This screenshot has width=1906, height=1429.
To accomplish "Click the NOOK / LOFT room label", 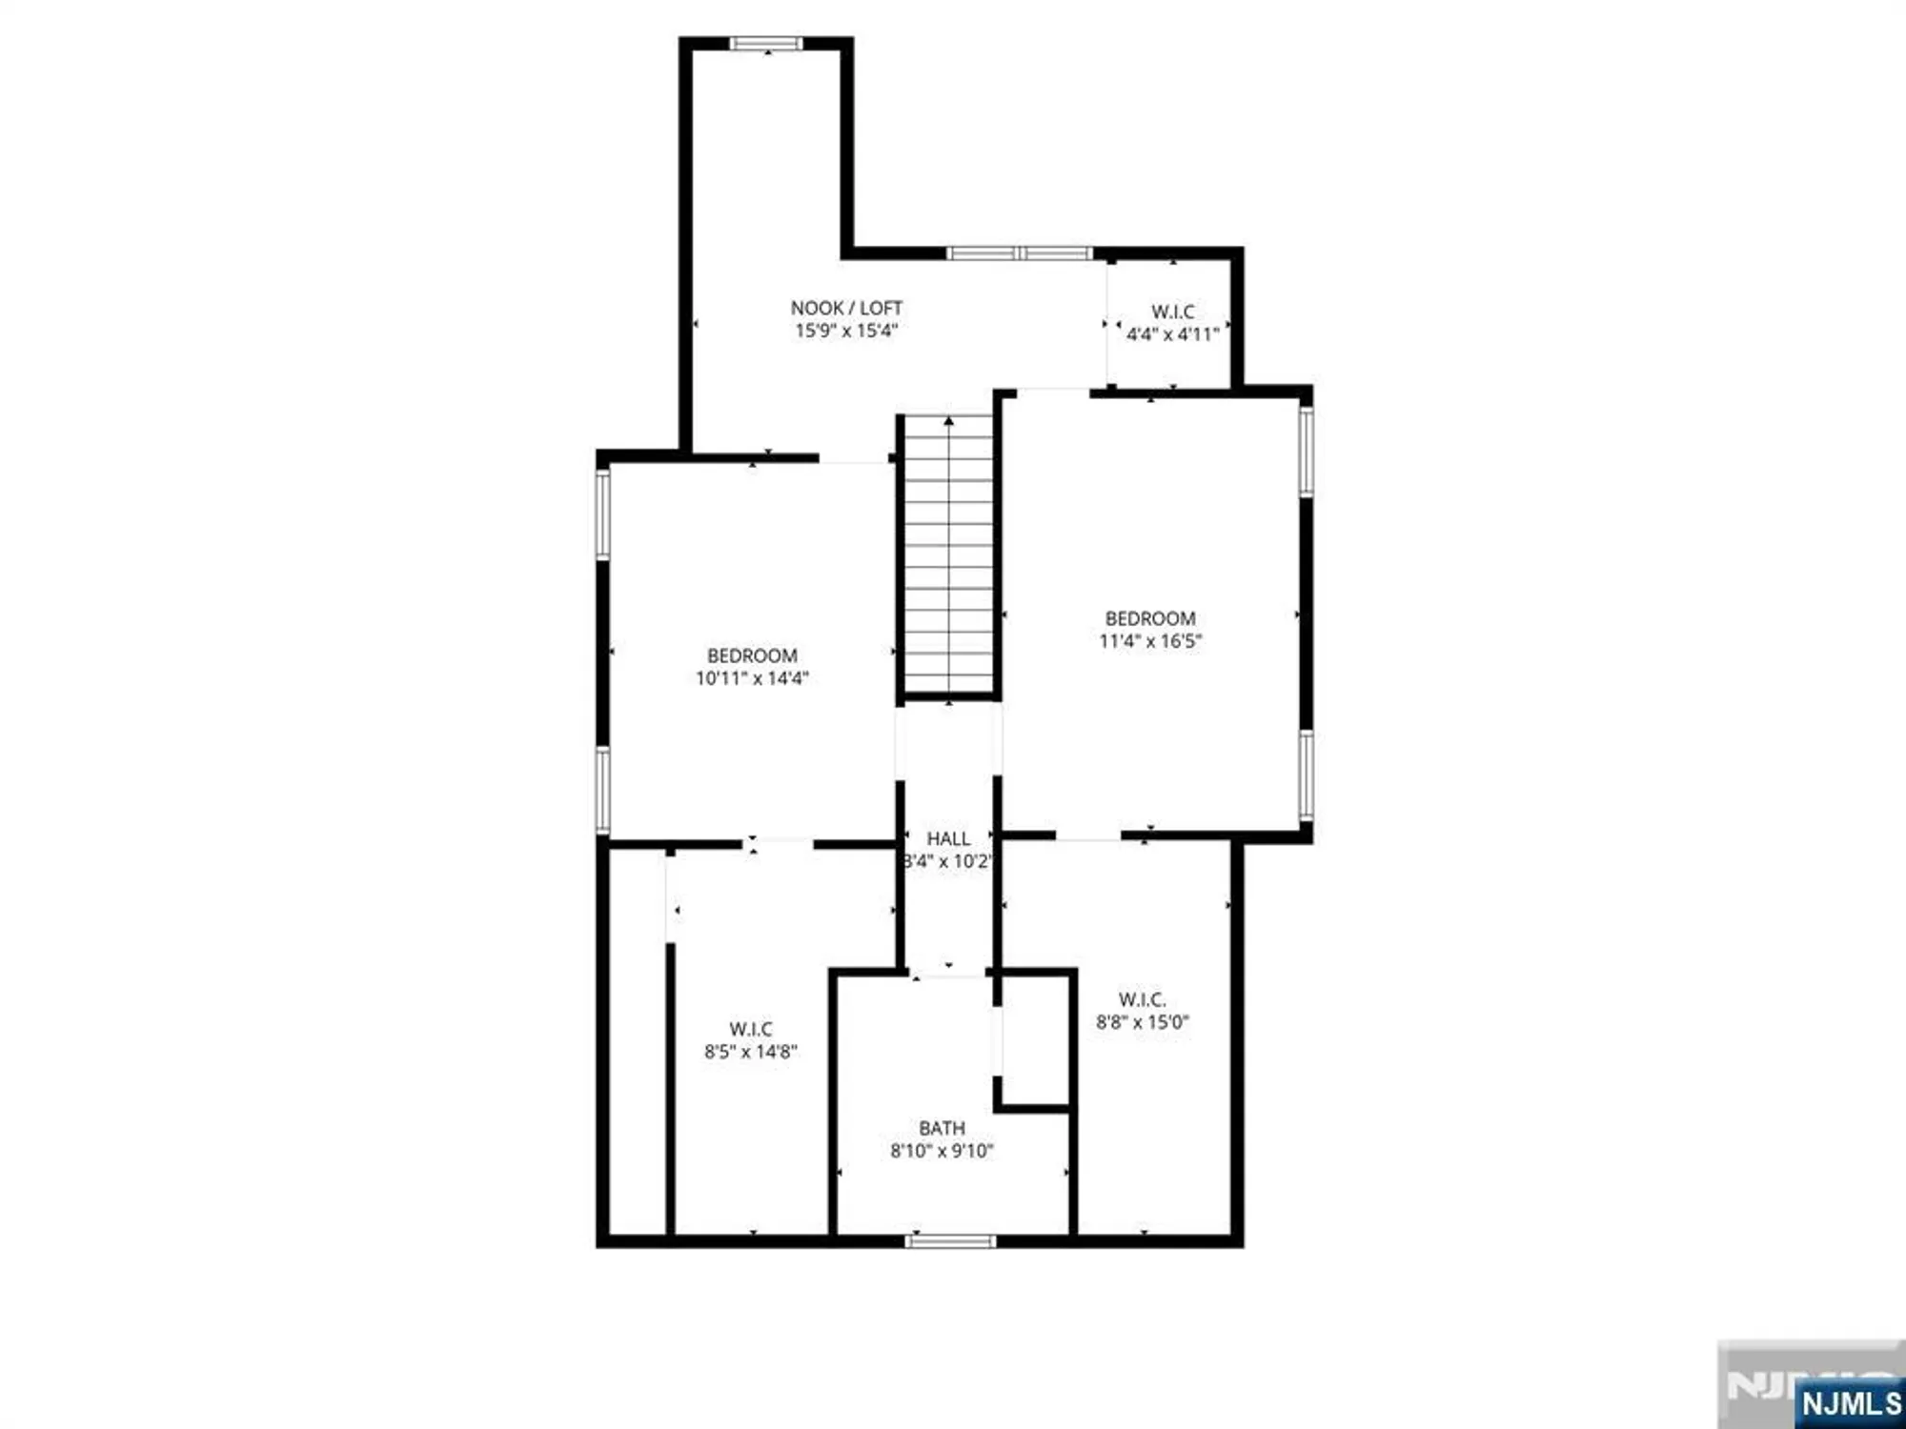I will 846,308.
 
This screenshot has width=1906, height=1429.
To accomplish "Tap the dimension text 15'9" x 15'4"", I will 846,331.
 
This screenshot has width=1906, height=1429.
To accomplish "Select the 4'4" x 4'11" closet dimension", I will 1172,334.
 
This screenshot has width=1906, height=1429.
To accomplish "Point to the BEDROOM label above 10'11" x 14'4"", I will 752,655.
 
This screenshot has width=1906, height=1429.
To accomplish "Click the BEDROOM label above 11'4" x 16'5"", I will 1150,618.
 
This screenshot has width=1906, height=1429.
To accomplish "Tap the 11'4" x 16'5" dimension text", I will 1150,641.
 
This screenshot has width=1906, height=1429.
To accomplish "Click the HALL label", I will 948,838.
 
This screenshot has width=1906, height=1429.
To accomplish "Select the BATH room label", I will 942,1128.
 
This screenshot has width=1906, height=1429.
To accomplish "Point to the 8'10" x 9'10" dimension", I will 942,1151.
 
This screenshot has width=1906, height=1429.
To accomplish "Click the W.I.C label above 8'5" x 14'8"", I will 751,1029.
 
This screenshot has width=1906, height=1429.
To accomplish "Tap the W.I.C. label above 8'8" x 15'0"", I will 1142,999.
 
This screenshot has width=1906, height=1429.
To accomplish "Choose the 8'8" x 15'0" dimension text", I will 1142,1022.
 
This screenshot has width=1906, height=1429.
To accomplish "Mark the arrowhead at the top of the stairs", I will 948,420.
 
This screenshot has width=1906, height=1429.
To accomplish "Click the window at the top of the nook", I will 766,43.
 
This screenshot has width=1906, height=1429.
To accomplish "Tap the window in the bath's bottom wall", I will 950,1241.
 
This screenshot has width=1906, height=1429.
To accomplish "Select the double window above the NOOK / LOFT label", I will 1019,253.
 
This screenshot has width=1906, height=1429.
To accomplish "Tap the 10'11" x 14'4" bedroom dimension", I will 752,678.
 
